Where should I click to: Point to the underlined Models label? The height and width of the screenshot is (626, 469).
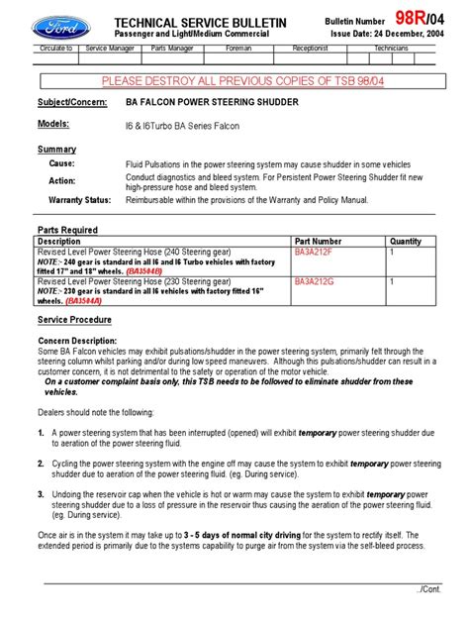coord(53,124)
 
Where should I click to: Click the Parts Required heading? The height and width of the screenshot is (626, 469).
coord(67,229)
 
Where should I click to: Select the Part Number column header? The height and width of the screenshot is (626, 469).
coord(318,241)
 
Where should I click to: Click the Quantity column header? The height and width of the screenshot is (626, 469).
coord(406,241)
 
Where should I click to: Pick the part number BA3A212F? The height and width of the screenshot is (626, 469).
coord(316,253)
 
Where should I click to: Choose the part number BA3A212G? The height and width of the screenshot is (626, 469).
coord(316,282)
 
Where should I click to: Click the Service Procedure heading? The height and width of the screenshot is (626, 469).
coord(74,320)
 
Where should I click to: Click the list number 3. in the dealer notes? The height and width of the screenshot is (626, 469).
coord(41,492)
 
